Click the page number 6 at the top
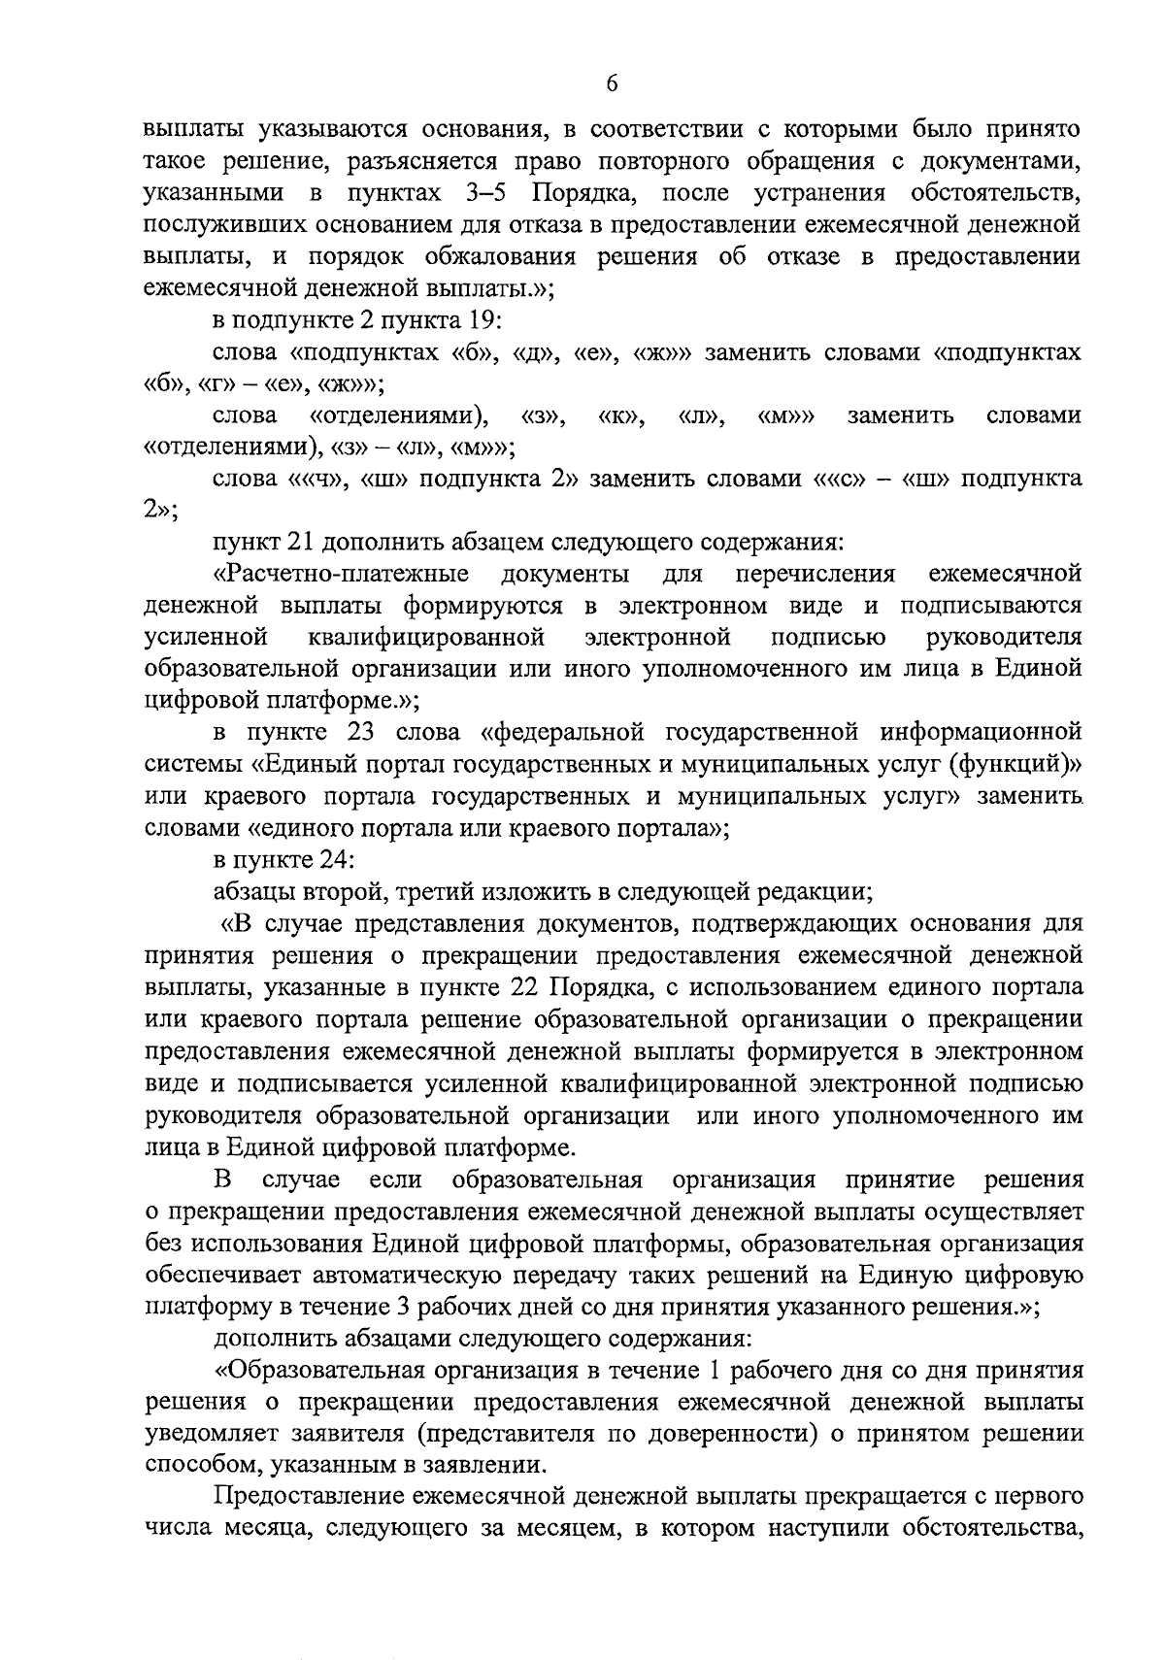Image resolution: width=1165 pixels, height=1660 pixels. click(x=612, y=84)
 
